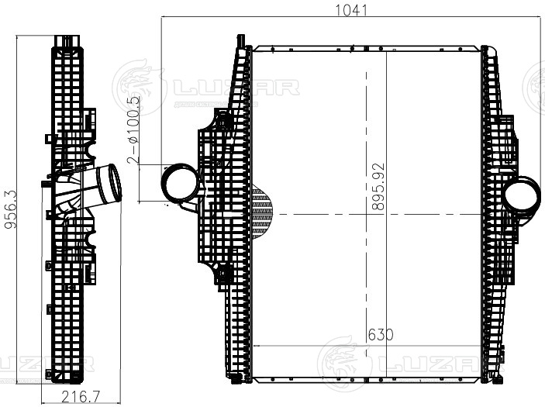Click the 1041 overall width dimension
(351, 10)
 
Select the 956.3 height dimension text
(10, 209)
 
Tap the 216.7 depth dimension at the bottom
(81, 397)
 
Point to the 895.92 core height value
(378, 187)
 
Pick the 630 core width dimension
(381, 335)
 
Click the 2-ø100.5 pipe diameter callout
(133, 130)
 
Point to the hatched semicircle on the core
(263, 212)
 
